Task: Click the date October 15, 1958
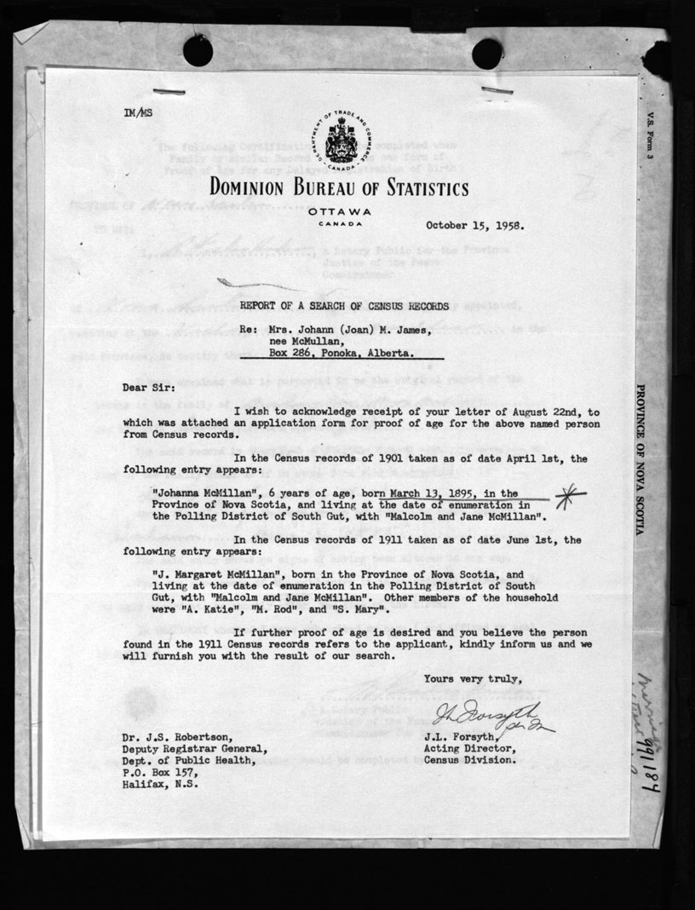pyautogui.click(x=475, y=227)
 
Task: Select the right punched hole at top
pyautogui.click(x=487, y=53)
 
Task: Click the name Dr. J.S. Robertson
pyautogui.click(x=175, y=737)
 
